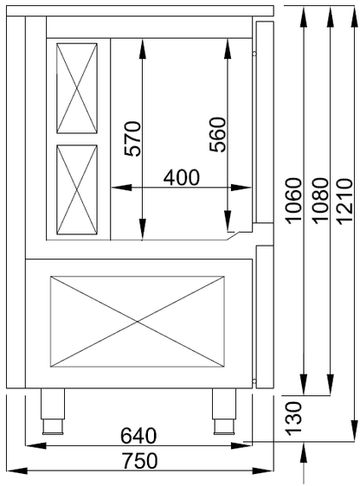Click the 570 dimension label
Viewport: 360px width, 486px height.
pos(132,138)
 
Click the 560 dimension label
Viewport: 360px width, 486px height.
pos(217,135)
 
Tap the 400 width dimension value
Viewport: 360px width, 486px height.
pos(182,178)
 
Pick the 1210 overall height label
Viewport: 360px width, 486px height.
pos(344,201)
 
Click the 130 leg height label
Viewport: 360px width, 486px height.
pos(293,419)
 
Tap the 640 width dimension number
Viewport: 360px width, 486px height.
pos(138,436)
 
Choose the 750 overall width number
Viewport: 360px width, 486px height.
pos(139,460)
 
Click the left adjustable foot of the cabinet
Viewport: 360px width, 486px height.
pos(53,412)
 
